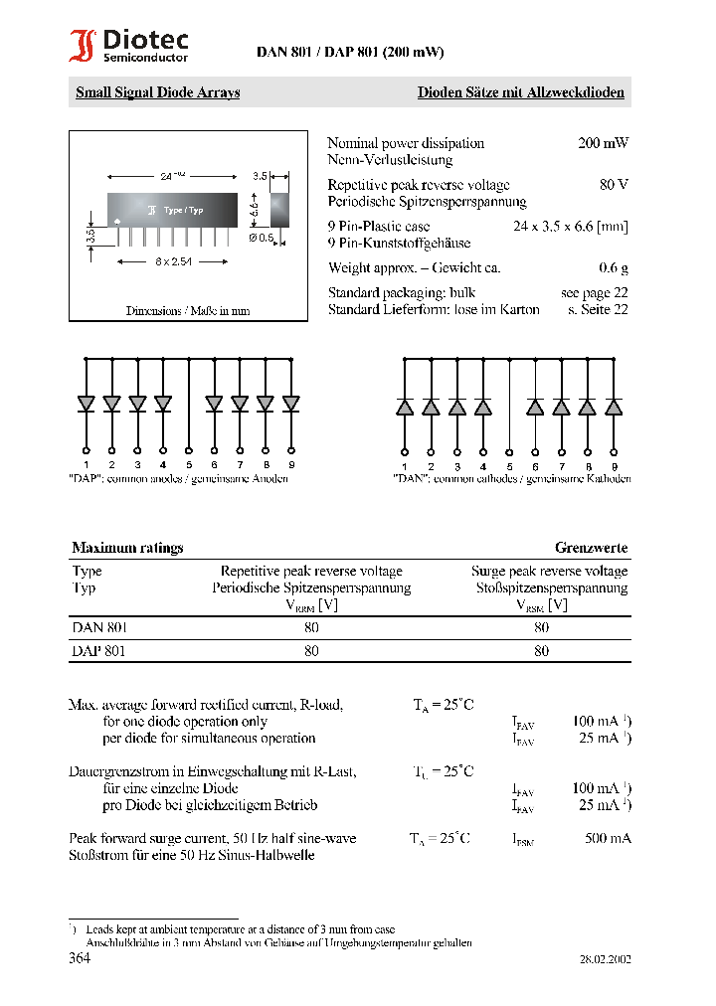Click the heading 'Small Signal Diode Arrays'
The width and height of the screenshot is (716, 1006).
tap(158, 92)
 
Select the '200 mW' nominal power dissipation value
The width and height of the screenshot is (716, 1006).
tap(603, 143)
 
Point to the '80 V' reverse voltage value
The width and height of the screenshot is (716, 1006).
tap(614, 185)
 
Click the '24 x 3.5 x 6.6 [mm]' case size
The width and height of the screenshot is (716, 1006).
tap(570, 227)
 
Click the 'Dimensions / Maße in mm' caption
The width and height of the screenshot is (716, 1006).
tap(187, 310)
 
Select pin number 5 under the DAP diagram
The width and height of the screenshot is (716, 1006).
tap(189, 464)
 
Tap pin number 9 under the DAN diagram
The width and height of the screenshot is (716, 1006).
tap(614, 466)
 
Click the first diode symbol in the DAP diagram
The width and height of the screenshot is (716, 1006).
tap(86, 403)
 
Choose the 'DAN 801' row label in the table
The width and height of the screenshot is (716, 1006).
tap(99, 627)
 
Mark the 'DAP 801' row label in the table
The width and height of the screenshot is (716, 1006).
tap(99, 651)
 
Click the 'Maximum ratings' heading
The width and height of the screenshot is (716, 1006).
tap(127, 548)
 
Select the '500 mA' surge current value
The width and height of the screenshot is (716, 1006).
tap(608, 838)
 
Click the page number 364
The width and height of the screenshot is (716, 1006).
tap(81, 959)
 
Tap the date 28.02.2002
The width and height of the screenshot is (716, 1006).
tap(605, 960)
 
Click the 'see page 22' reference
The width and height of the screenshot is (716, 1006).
tap(594, 292)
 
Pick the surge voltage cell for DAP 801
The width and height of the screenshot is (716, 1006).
tap(541, 651)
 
